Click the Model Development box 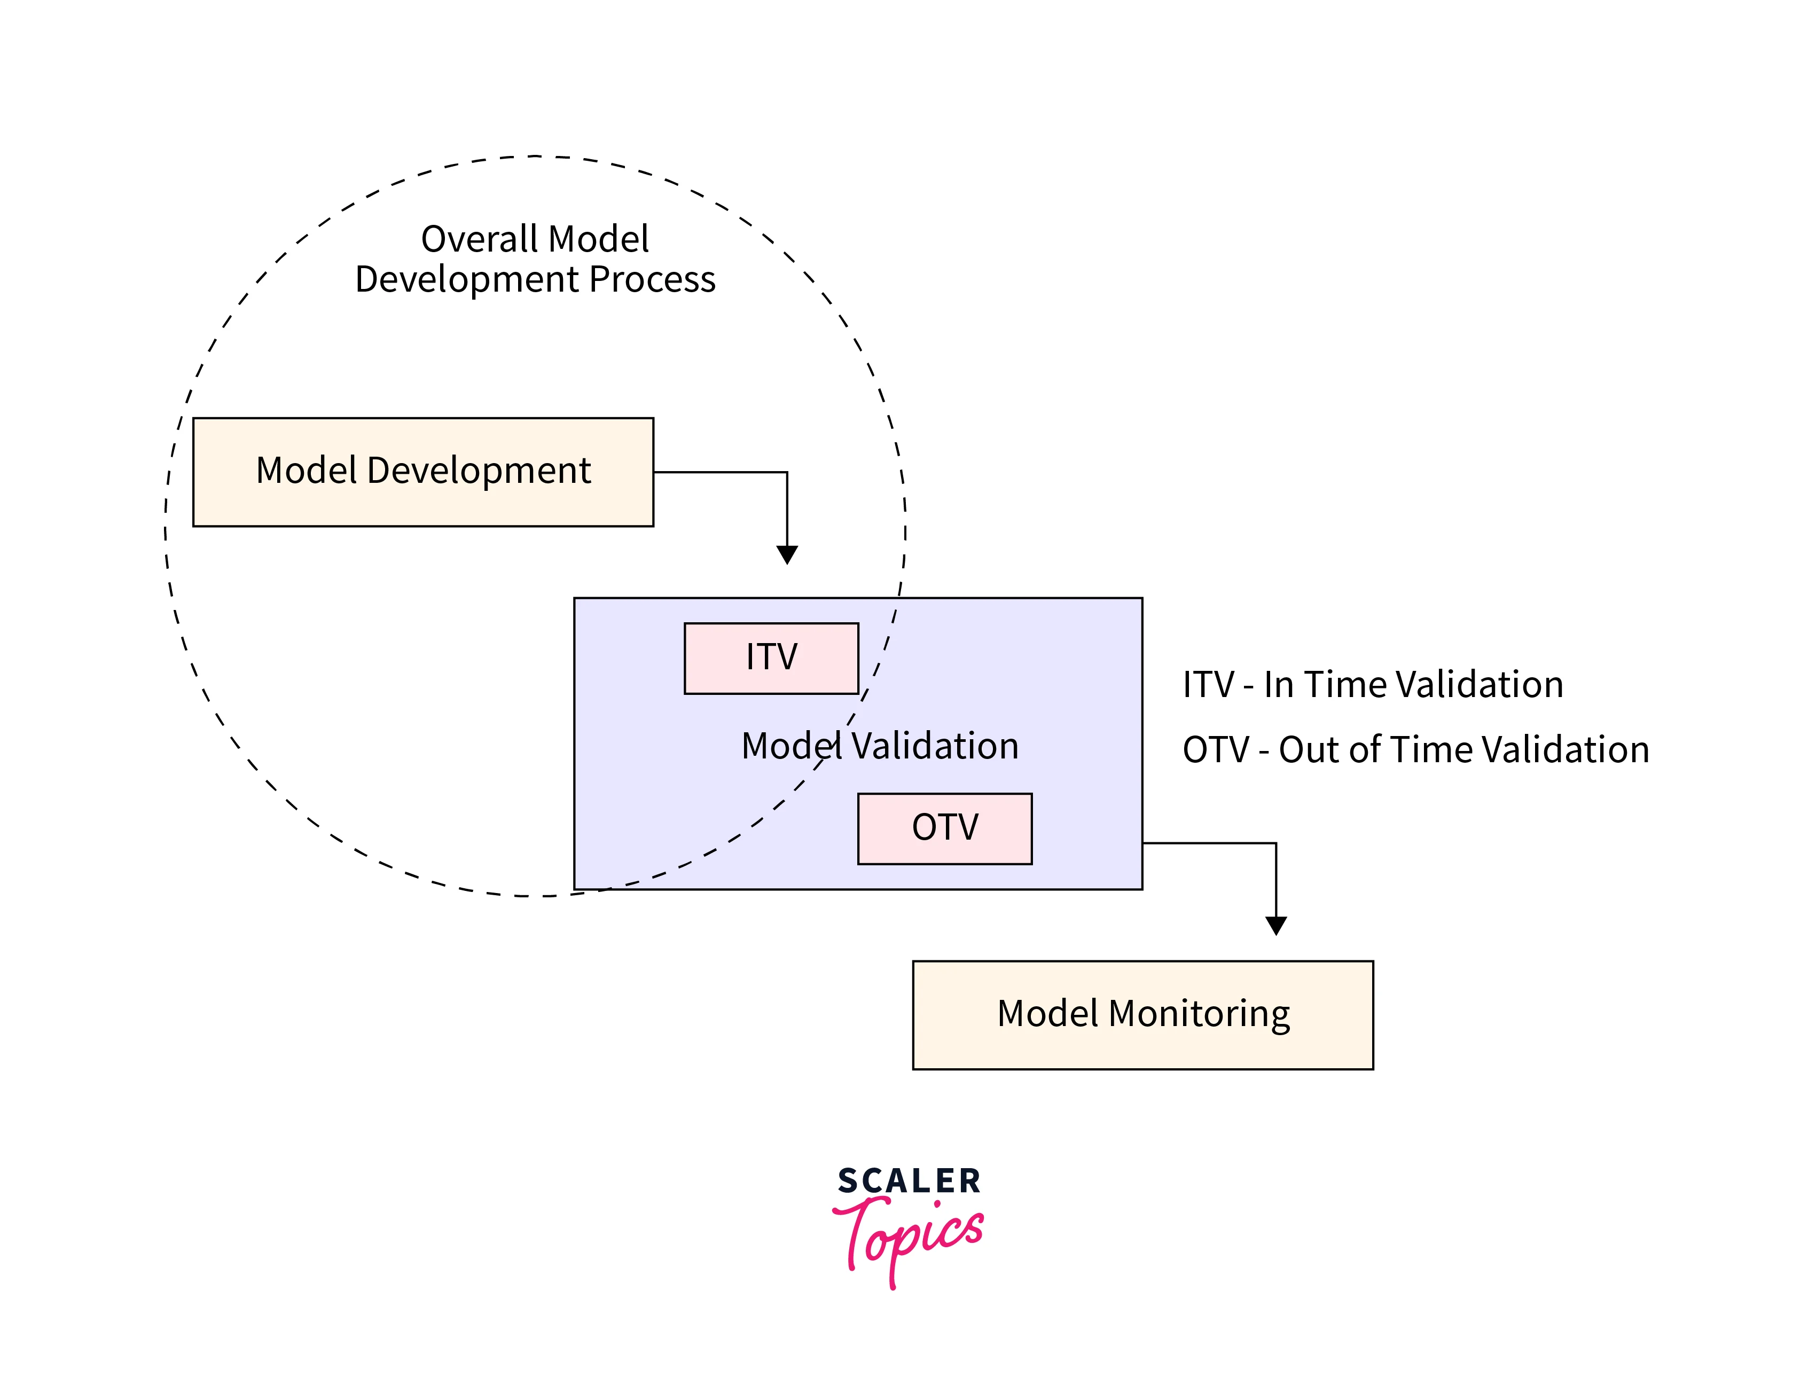tap(423, 472)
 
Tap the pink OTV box tap(944, 828)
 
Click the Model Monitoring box tap(1142, 1015)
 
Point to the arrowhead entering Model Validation tap(787, 555)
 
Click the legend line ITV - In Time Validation tap(1372, 685)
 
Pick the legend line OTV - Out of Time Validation tap(1415, 749)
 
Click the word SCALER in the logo tap(909, 1181)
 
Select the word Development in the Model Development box tap(479, 471)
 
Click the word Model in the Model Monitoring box tap(1047, 1014)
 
